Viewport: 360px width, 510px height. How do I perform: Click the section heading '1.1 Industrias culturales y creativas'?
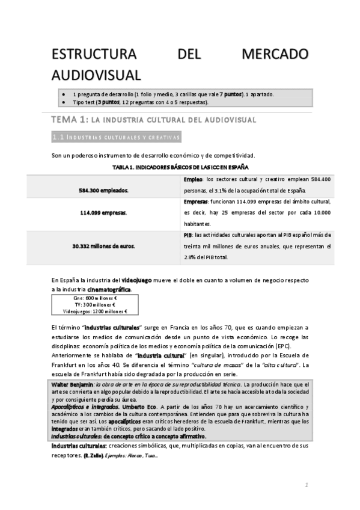pyautogui.click(x=116, y=138)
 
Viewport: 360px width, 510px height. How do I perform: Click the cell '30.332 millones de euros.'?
pyautogui.click(x=103, y=246)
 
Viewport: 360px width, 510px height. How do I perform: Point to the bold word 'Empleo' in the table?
pyautogui.click(x=194, y=180)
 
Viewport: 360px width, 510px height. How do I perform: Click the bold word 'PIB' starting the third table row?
pyautogui.click(x=188, y=235)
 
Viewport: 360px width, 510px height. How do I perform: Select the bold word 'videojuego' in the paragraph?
pyautogui.click(x=139, y=280)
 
